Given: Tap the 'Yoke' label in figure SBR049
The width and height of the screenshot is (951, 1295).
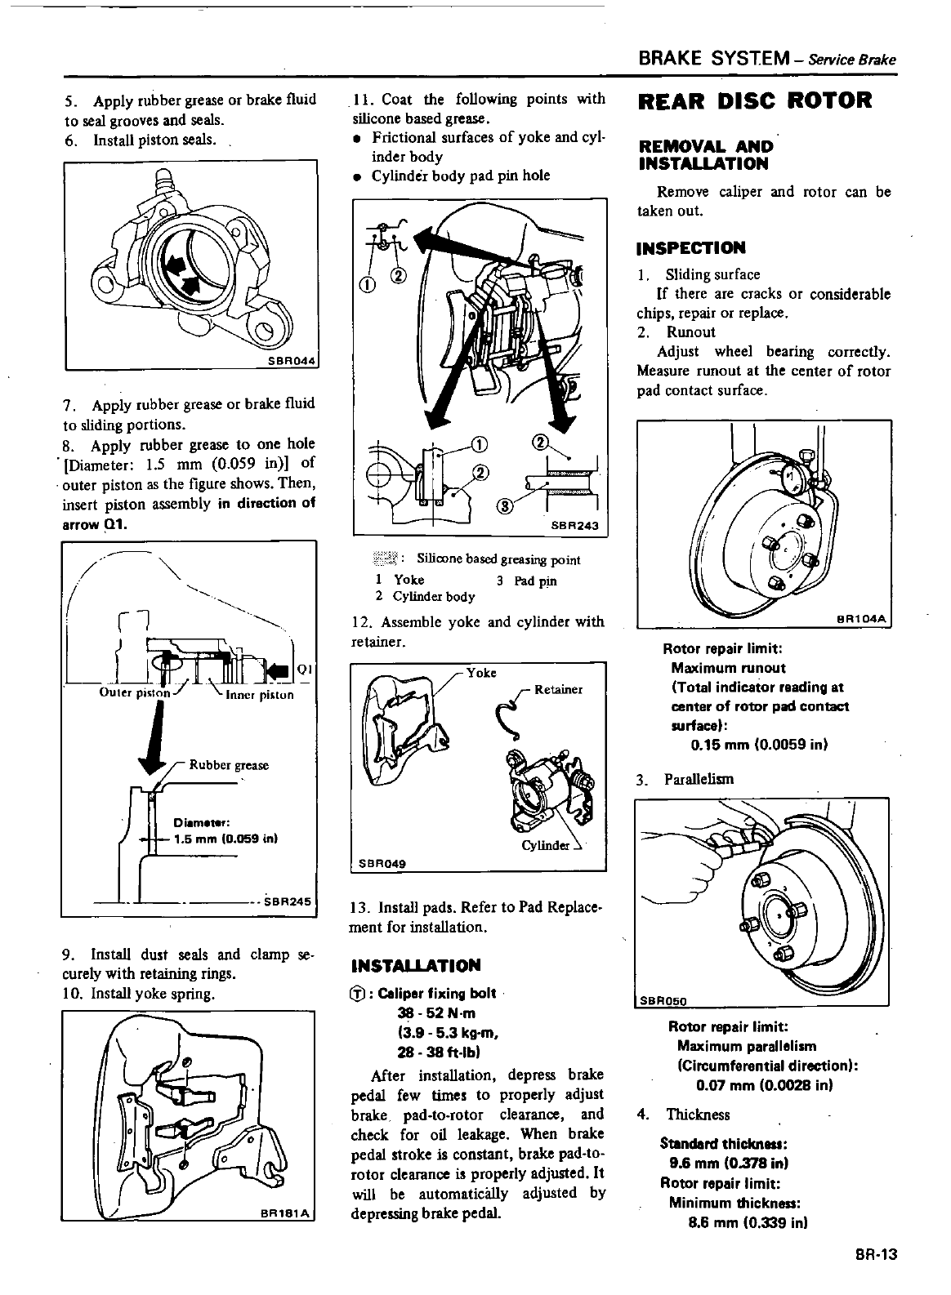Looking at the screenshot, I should point(481,673).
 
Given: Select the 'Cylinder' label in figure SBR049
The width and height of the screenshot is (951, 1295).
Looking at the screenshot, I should point(545,845).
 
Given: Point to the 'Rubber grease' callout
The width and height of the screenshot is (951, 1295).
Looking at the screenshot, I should point(229,765).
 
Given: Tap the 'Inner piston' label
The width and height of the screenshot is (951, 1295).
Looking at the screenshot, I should point(259,695).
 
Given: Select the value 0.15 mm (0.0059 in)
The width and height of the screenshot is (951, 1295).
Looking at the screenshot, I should point(748,745).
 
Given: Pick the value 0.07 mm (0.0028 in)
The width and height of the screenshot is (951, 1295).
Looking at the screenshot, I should point(752,1085).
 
